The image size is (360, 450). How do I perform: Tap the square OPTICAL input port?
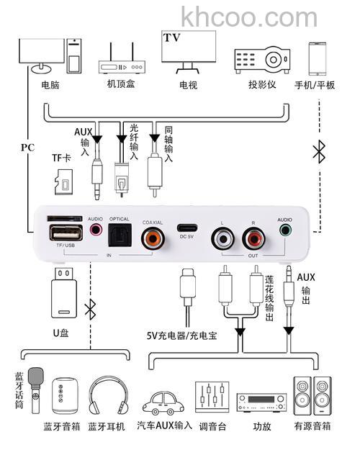(120, 235)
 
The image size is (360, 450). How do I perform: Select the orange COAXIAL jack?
(153, 236)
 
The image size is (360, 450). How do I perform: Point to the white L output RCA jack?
(222, 237)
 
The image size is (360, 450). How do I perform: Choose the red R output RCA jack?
(253, 237)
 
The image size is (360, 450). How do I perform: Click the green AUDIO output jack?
(286, 232)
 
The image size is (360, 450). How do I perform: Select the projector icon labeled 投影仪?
(261, 58)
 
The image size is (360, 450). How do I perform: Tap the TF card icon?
(64, 181)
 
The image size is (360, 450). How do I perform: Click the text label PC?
(27, 147)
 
